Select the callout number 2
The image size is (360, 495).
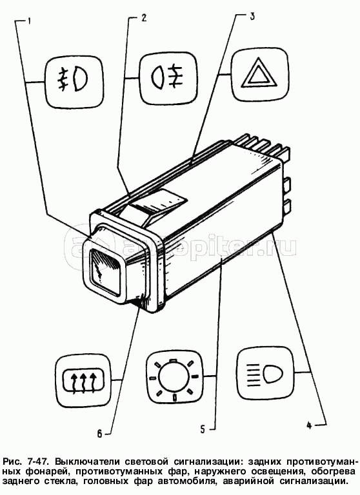pos(144,17)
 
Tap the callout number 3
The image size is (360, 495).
pos(252,16)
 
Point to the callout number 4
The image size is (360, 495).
pos(309,425)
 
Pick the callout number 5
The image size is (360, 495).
pos(203,429)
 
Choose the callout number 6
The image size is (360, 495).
pos(99,434)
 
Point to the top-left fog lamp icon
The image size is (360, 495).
pos(73,82)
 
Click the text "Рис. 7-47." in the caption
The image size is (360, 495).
pos(25,461)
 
